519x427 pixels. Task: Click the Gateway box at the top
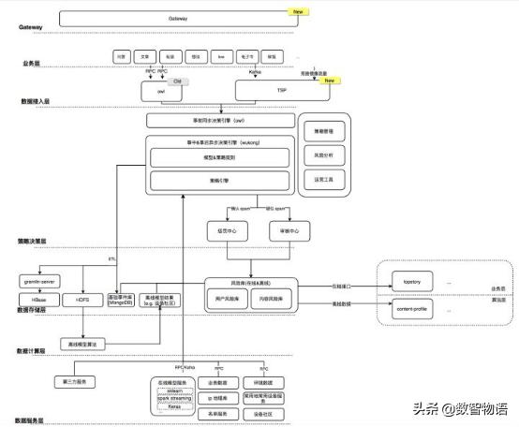click(x=177, y=18)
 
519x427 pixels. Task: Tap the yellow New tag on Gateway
click(x=299, y=13)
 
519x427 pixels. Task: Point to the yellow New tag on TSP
click(x=329, y=81)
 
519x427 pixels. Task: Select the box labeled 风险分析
click(x=320, y=153)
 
